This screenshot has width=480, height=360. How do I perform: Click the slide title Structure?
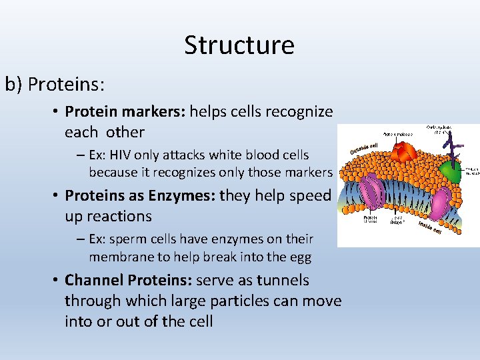click(x=239, y=45)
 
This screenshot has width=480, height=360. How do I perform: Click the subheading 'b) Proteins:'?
click(x=55, y=85)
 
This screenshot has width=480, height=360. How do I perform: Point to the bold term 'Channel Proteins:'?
click(x=131, y=280)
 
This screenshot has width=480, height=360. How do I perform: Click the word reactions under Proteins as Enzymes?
click(x=108, y=216)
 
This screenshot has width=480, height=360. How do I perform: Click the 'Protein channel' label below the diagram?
click(x=371, y=219)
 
